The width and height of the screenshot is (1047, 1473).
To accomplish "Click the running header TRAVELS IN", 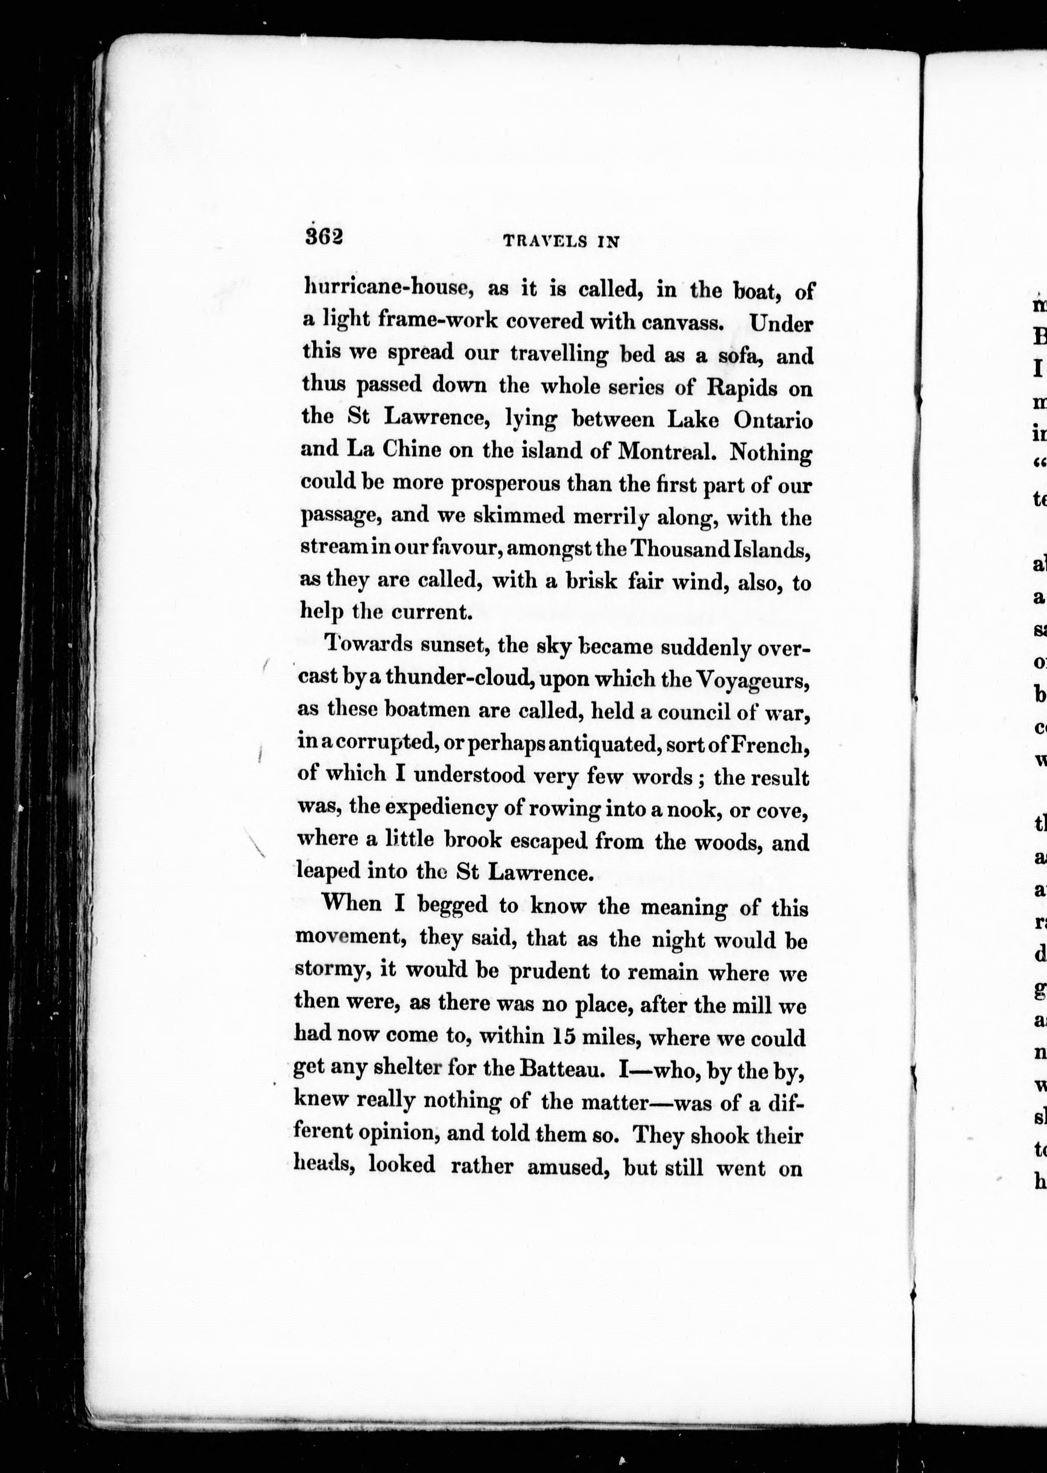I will coord(560,241).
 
